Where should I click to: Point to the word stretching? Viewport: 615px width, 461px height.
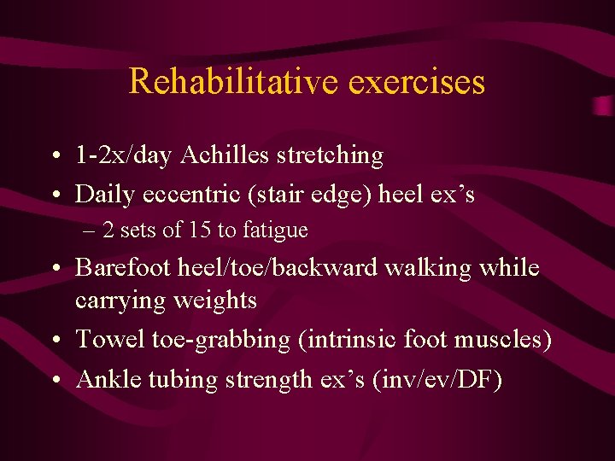[x=331, y=156]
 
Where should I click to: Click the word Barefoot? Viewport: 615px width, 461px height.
[x=123, y=268]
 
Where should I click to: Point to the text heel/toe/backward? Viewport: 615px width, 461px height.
[x=278, y=268]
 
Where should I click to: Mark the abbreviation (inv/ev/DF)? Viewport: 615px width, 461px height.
[x=438, y=379]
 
